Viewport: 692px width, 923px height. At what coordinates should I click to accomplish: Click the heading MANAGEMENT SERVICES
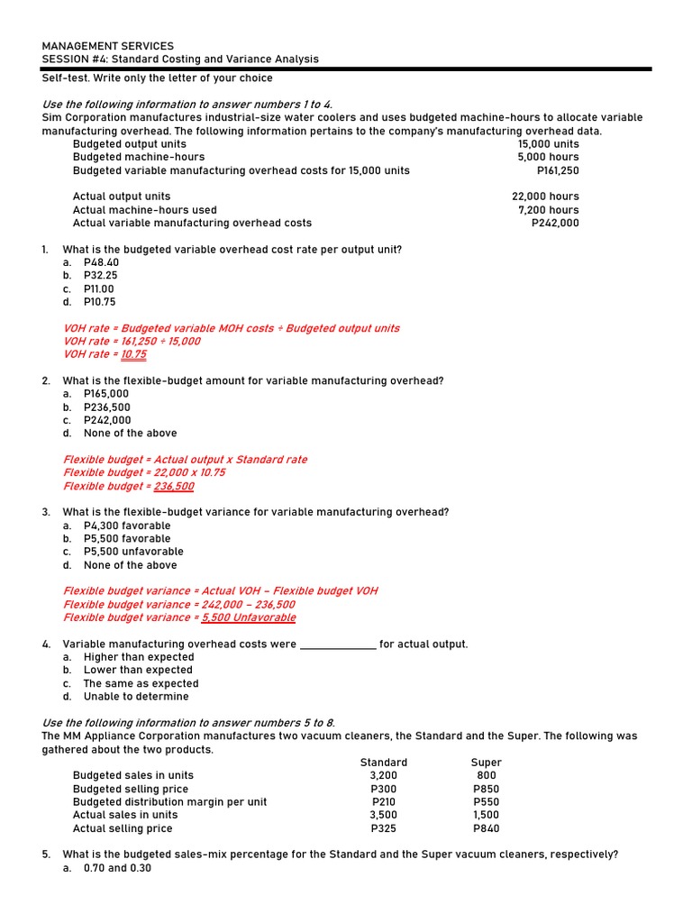tap(108, 46)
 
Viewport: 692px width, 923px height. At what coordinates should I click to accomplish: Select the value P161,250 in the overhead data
tap(558, 170)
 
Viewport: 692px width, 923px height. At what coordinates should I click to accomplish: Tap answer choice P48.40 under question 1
tap(101, 262)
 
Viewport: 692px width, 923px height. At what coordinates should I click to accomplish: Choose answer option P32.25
tap(100, 276)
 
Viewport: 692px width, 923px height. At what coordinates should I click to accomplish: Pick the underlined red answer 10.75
tap(133, 355)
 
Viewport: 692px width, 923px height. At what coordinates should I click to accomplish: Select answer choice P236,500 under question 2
tap(106, 407)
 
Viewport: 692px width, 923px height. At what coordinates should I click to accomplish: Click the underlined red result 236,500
tap(173, 487)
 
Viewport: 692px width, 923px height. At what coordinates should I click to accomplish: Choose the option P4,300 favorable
tap(127, 525)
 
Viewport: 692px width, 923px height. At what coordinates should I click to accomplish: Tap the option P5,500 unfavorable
tap(133, 552)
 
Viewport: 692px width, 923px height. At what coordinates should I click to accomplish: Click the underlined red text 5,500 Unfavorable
tap(249, 618)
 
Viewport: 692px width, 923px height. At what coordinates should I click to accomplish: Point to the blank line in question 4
tap(337, 644)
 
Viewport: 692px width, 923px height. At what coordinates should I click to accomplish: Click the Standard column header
tap(384, 763)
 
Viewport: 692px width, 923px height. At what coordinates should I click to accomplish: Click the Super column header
tap(486, 763)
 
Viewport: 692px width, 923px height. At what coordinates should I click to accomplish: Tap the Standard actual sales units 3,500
tap(383, 815)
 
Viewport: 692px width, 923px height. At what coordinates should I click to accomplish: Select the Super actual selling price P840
tap(486, 828)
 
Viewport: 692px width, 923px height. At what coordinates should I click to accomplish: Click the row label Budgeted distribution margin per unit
tap(169, 802)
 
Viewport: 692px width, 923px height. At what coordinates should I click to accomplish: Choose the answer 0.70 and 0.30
tap(117, 868)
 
